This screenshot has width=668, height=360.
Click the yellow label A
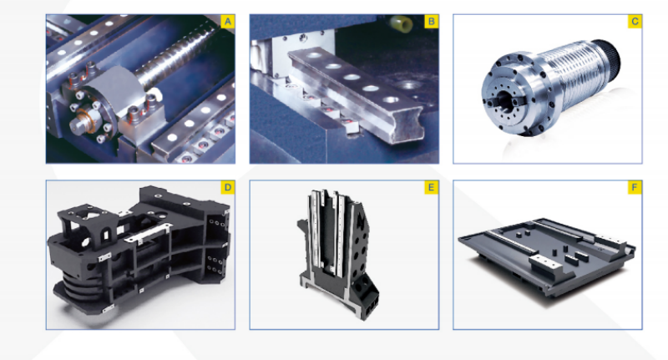click(227, 22)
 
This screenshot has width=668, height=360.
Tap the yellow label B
click(431, 22)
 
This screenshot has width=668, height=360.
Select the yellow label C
click(635, 22)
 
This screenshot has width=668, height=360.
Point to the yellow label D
click(227, 187)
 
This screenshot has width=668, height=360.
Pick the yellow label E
click(431, 187)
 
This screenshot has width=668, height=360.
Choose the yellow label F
click(635, 187)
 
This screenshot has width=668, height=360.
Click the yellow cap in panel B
click(402, 23)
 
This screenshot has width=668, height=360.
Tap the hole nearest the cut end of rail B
click(390, 100)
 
